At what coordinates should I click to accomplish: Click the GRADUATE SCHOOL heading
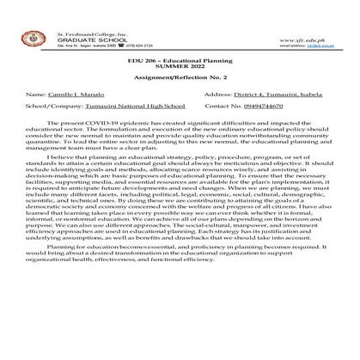[84, 16]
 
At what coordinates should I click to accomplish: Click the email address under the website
[317, 23]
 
